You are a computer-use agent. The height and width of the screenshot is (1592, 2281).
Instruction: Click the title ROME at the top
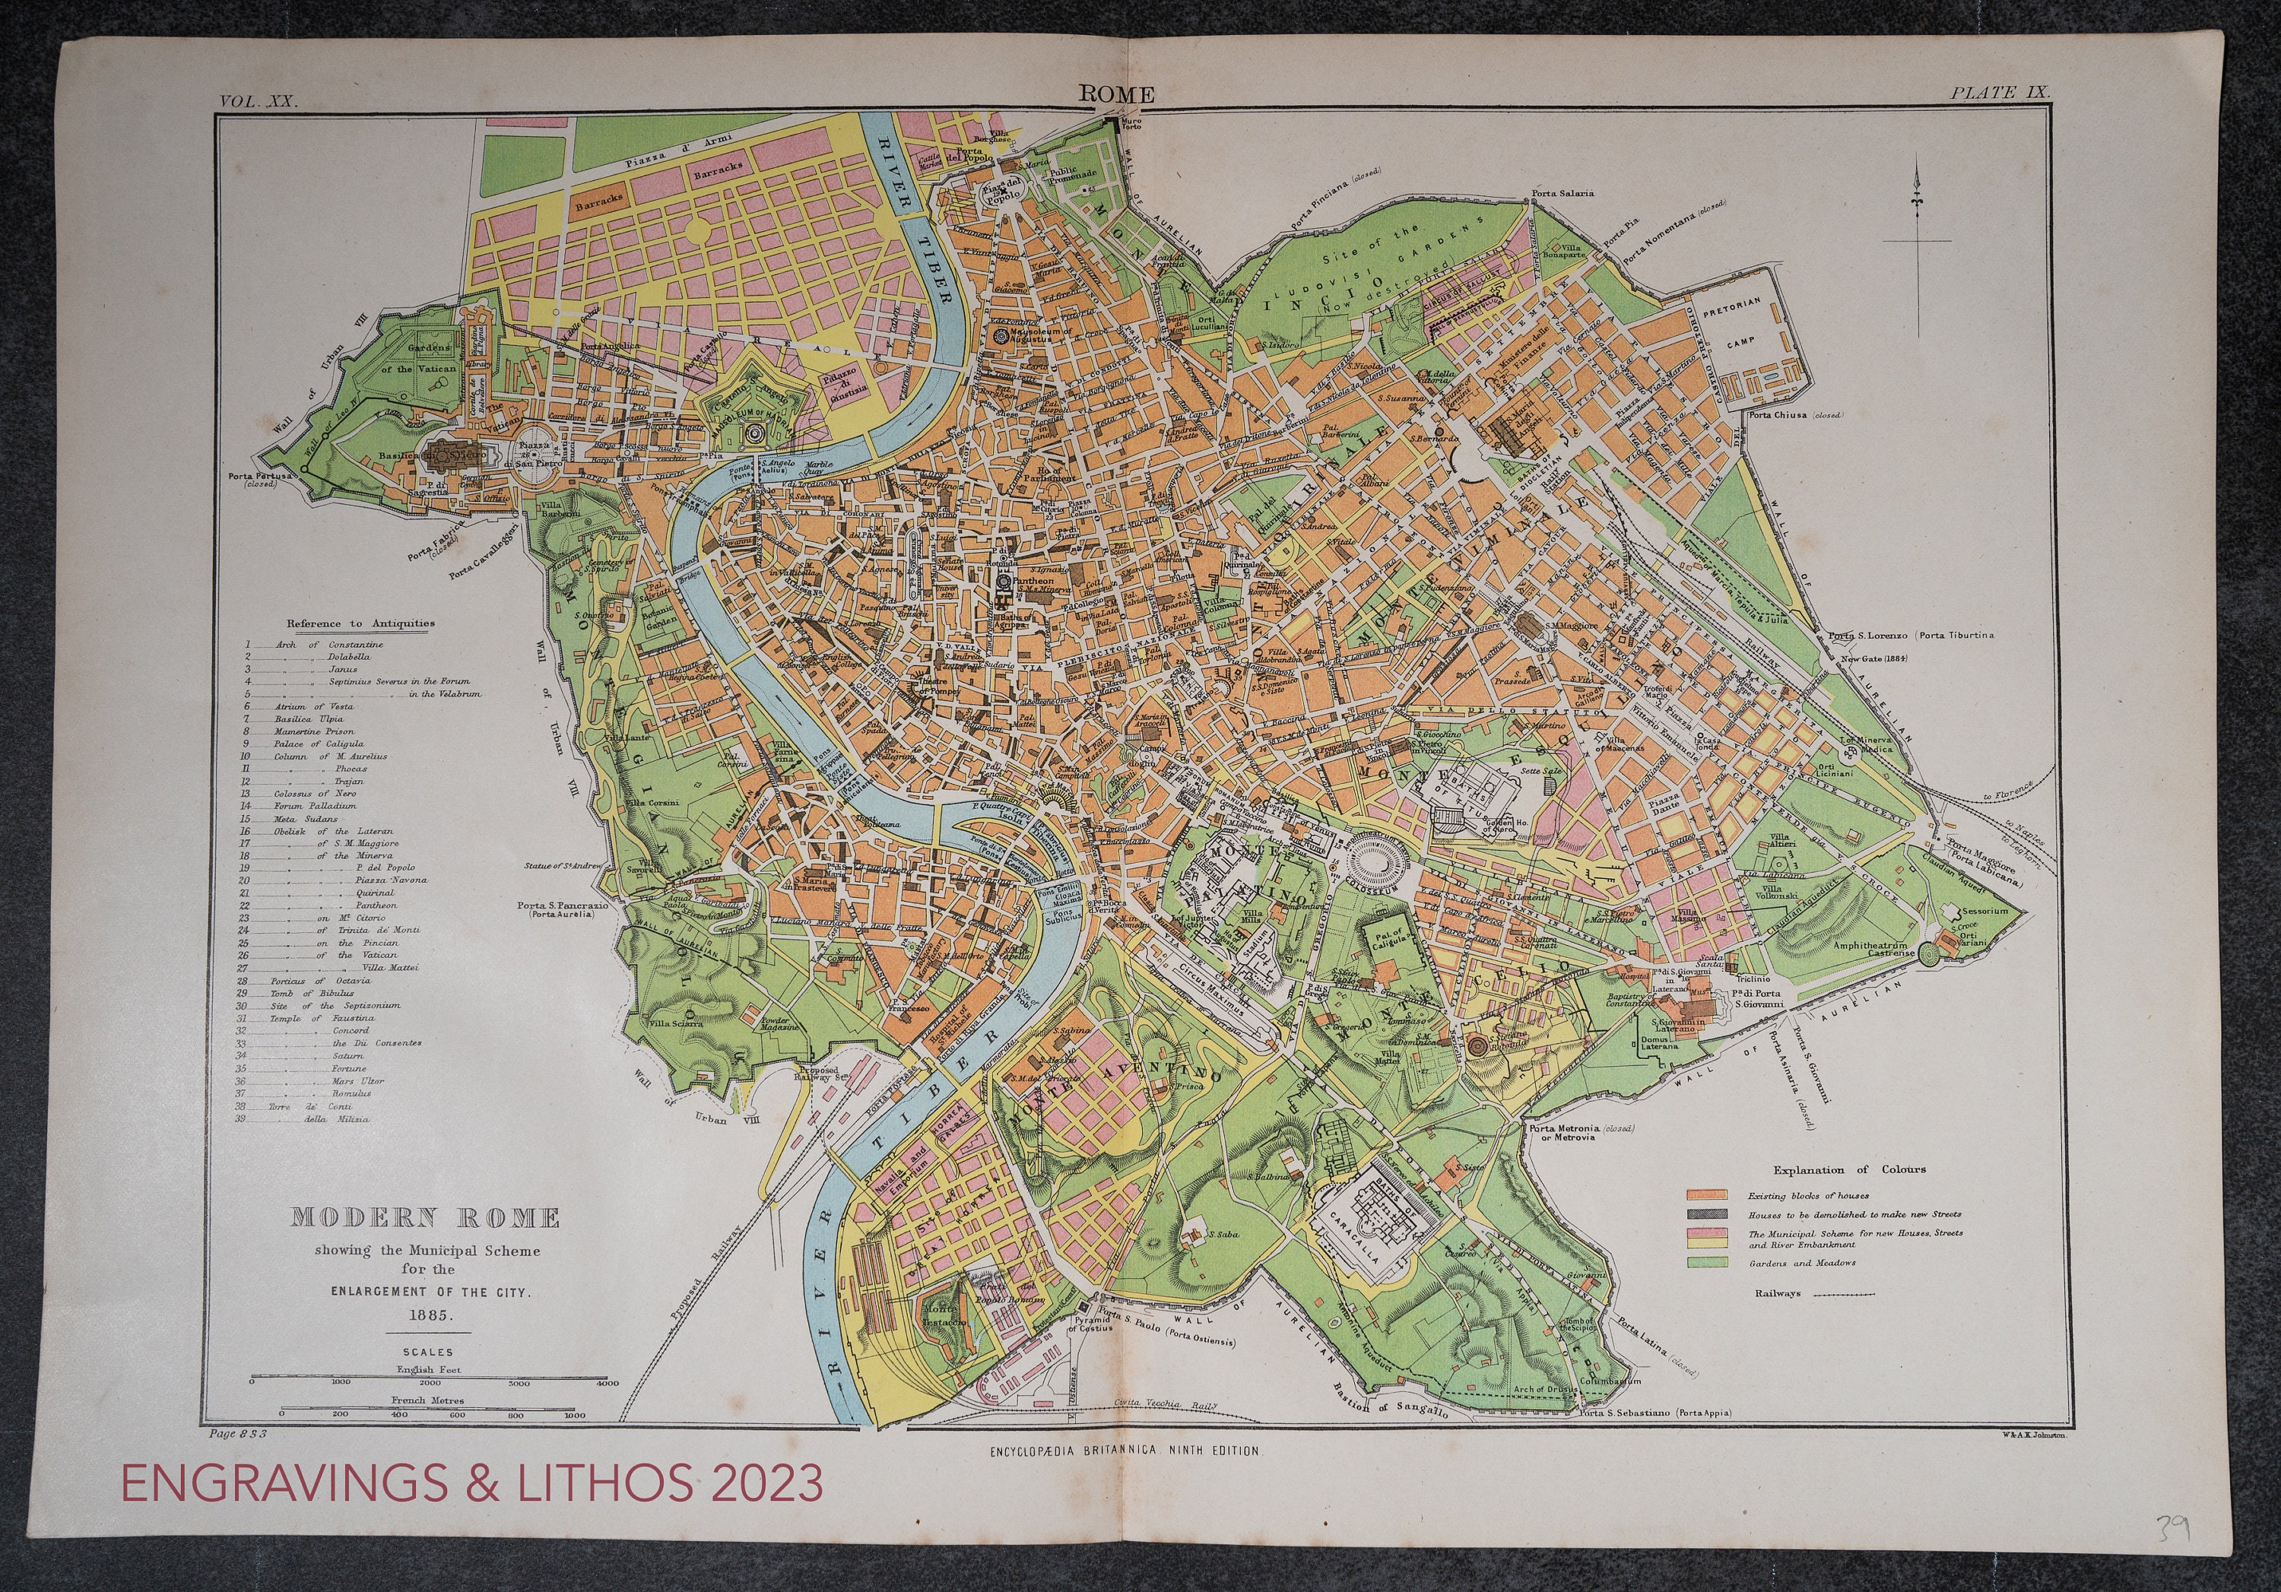point(1117,94)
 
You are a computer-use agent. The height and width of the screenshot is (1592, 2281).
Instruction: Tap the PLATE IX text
point(2000,92)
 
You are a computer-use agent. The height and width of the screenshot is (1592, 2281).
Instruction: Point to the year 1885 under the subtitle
point(428,1314)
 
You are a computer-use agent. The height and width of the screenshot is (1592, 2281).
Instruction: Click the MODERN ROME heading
point(425,1218)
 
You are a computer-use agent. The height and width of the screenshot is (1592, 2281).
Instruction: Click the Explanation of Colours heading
point(1849,1169)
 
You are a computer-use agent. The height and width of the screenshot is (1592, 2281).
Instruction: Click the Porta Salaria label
point(1562,192)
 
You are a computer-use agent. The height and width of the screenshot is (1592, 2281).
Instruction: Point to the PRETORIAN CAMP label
point(1733,321)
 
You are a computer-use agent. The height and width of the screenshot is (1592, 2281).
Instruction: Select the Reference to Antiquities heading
point(360,623)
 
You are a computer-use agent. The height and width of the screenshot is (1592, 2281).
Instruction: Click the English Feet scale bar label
point(428,1369)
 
